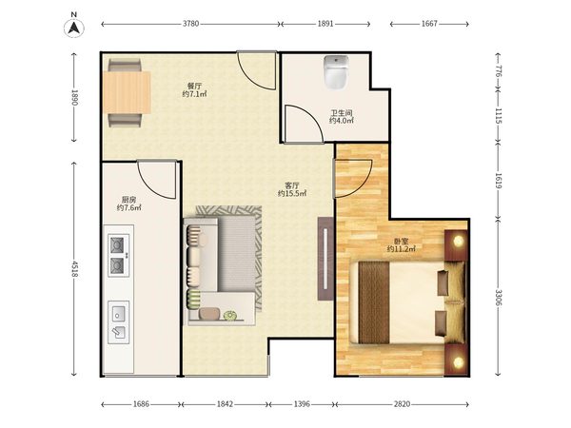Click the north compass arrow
tap(74, 28)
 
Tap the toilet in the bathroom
tap(336, 72)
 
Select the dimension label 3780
tap(191, 24)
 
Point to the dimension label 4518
tap(74, 268)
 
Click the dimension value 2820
tap(402, 403)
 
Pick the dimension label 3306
tap(498, 298)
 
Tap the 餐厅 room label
tap(194, 87)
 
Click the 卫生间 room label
tap(342, 113)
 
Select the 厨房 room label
tap(128, 200)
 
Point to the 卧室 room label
tap(402, 241)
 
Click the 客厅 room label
tap(292, 185)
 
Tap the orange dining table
tap(128, 92)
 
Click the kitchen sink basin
tap(118, 313)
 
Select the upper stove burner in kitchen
tap(117, 245)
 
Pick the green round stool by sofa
tap(229, 315)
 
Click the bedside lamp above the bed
tap(459, 241)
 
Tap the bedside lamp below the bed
tap(459, 361)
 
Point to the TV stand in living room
tap(325, 259)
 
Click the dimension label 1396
tap(302, 403)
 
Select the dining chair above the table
tap(124, 66)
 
